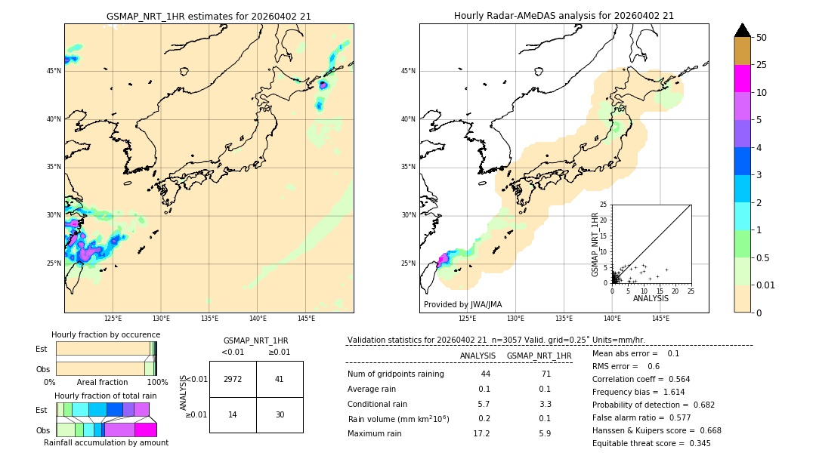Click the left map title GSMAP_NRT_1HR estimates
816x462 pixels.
click(209, 16)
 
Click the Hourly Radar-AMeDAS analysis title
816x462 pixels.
click(564, 16)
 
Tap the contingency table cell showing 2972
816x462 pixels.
click(233, 379)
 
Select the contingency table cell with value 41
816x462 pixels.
click(280, 379)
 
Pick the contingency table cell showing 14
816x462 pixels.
click(233, 414)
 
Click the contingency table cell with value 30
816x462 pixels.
click(280, 414)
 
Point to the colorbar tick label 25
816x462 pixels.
click(762, 65)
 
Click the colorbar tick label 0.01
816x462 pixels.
click(766, 285)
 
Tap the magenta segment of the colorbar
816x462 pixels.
click(742, 79)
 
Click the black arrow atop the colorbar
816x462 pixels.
click(742, 30)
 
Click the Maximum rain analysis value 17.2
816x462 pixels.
click(481, 433)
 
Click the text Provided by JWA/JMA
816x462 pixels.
click(462, 304)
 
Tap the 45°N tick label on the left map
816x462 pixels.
click(54, 71)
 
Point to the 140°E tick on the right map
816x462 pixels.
click(612, 319)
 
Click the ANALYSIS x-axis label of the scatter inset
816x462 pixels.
click(651, 298)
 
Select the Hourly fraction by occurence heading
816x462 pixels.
click(106, 334)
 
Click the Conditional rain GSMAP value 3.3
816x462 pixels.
click(546, 404)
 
